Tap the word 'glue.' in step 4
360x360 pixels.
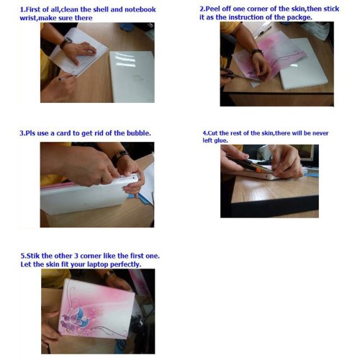click(220, 140)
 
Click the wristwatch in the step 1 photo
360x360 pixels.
click(66, 42)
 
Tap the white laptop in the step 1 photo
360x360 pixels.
click(132, 76)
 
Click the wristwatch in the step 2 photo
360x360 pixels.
click(257, 52)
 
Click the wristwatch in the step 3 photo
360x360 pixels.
click(120, 157)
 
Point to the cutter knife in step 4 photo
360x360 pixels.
click(250, 164)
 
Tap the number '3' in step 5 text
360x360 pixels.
click(76, 256)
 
